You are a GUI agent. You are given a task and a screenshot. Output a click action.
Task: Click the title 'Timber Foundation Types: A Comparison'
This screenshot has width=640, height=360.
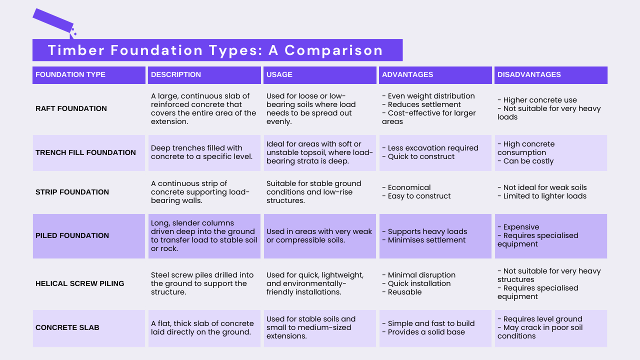215,50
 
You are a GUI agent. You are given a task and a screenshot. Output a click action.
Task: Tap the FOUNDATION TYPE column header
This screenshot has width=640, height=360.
70,74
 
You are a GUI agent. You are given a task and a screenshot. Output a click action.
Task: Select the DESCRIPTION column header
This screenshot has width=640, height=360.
176,74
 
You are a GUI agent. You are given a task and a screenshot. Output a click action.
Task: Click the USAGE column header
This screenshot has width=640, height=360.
279,74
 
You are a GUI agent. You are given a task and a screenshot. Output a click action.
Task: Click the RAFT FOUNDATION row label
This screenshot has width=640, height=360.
71,108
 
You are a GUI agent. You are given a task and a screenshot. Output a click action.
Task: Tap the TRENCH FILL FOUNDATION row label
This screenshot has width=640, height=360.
85,152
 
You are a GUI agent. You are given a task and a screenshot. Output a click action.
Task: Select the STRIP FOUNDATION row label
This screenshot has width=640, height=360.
72,192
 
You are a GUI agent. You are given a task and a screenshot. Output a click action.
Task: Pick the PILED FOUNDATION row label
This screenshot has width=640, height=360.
72,235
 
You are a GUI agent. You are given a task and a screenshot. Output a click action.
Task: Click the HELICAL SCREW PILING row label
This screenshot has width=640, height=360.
80,283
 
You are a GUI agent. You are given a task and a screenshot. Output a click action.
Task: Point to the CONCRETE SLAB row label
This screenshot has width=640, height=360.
67,327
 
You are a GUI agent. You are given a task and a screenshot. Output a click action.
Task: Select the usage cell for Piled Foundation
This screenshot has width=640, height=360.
319,235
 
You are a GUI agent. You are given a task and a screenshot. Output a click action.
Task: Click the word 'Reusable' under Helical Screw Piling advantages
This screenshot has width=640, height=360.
404,292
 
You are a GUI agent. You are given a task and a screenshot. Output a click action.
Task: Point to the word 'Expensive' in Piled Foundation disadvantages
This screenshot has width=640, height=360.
521,227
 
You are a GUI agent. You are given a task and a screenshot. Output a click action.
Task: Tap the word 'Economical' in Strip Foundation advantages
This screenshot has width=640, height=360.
409,187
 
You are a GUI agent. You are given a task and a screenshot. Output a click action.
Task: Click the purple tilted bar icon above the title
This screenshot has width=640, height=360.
53,20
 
